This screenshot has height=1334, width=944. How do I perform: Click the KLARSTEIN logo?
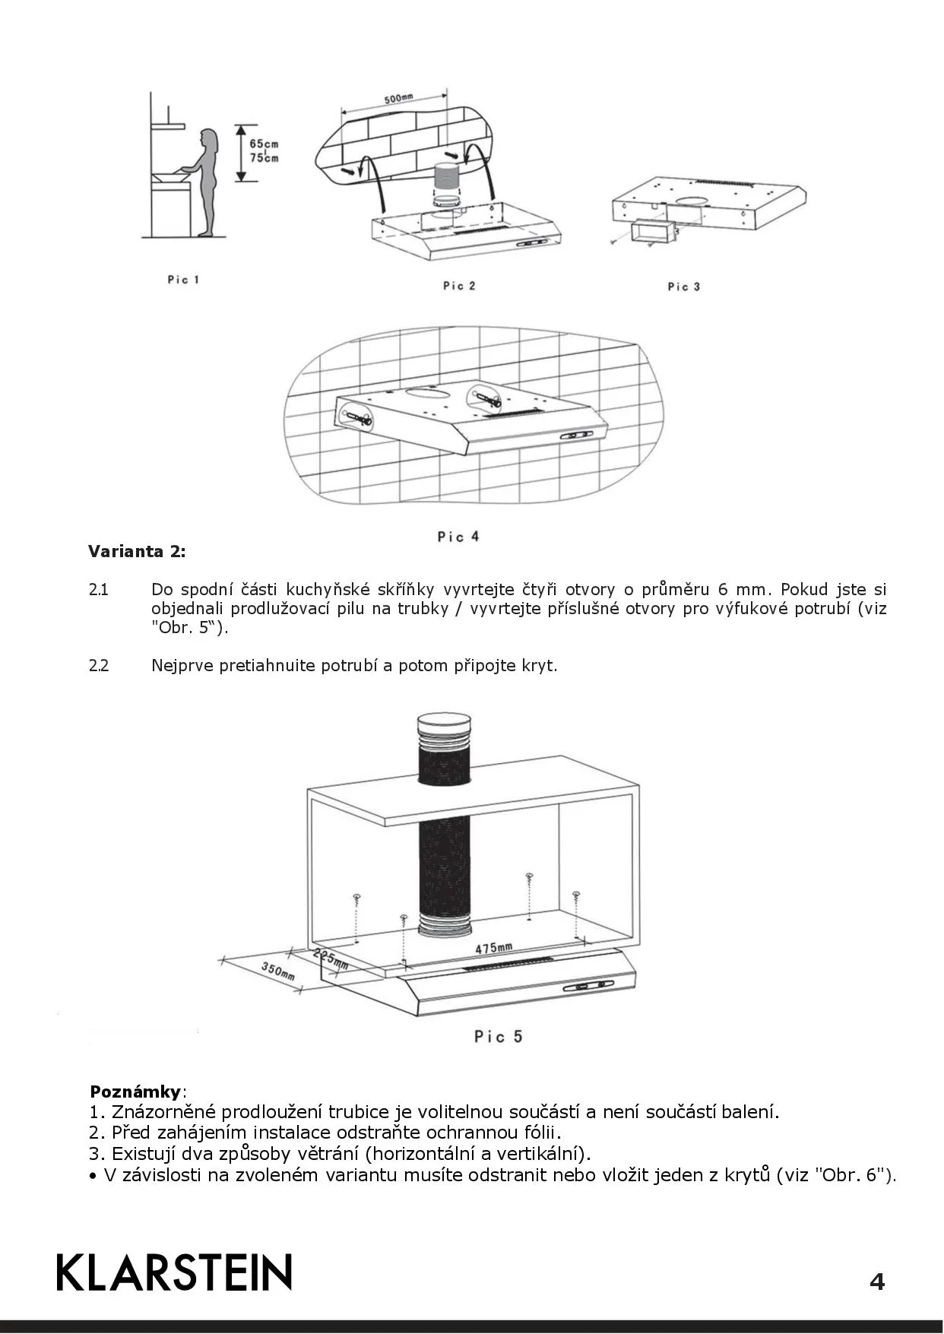pos(174,1272)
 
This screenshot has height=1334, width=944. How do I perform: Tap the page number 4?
pos(876,1282)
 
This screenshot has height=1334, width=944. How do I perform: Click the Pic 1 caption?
pos(183,280)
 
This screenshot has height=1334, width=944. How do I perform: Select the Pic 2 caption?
pos(459,286)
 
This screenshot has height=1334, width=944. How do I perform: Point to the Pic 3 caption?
pos(683,287)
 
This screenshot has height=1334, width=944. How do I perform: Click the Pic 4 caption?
pos(458,537)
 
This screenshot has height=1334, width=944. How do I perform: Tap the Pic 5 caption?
pos(499,1036)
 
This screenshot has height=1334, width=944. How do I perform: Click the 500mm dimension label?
pos(398,100)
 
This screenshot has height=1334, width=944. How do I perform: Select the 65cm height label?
pos(264,144)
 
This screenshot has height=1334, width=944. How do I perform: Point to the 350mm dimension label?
pos(277,971)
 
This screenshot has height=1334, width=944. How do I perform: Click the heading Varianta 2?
pos(137,551)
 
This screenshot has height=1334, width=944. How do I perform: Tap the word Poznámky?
pos(135,1092)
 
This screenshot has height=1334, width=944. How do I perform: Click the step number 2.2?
pos(99,666)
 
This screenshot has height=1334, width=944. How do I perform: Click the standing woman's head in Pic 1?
pos(207,141)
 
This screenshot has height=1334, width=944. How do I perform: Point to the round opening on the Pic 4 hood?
pos(428,394)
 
